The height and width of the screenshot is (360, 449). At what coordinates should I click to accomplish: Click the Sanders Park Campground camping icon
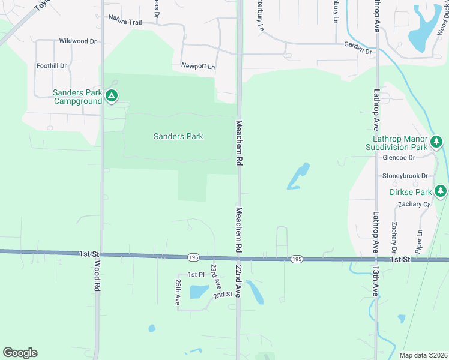[x=111, y=95]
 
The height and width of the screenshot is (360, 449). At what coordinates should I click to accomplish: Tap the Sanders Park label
[x=178, y=136]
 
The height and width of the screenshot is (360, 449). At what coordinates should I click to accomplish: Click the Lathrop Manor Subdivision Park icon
[x=436, y=142]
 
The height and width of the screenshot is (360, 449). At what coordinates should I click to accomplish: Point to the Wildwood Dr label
[x=77, y=41]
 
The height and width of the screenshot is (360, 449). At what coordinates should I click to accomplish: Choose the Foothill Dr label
[x=51, y=65]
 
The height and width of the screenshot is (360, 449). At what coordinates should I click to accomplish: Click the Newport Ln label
[x=198, y=65]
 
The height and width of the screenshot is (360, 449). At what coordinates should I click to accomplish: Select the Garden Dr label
[x=358, y=48]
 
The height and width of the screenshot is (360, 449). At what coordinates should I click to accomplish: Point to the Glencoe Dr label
[x=399, y=158]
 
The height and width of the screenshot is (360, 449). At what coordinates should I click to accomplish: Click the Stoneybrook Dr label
[x=405, y=176]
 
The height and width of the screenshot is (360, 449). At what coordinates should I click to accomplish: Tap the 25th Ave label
[x=178, y=292]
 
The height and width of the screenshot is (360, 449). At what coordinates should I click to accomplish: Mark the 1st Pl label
[x=196, y=274]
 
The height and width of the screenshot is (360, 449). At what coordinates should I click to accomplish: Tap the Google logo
[x=20, y=353]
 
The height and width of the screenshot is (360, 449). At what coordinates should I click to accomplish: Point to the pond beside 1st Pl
[x=198, y=292]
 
